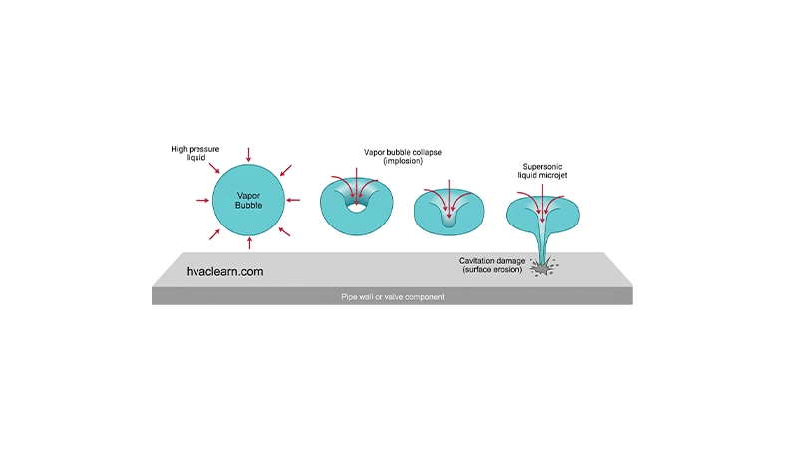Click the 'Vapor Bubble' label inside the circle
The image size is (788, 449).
pyautogui.click(x=248, y=201)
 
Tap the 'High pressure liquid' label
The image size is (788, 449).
pyautogui.click(x=195, y=153)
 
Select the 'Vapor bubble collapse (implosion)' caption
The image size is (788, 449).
pyautogui.click(x=403, y=156)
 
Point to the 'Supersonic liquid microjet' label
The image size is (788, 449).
pyautogui.click(x=542, y=171)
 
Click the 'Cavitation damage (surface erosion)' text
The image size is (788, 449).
pyautogui.click(x=492, y=265)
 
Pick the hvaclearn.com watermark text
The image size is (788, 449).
pyautogui.click(x=224, y=272)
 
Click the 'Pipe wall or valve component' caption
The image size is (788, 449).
pyautogui.click(x=393, y=297)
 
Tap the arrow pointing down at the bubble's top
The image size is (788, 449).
pyautogui.click(x=248, y=154)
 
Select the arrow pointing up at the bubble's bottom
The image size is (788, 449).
pyautogui.click(x=249, y=243)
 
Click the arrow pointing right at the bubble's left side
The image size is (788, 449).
pyautogui.click(x=202, y=201)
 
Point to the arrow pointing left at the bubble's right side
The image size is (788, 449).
pyautogui.click(x=293, y=201)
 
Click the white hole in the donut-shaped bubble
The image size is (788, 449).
pyautogui.click(x=356, y=207)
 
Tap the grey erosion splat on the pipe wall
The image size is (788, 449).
pyautogui.click(x=542, y=268)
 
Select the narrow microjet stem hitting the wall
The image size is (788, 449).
pyautogui.click(x=542, y=247)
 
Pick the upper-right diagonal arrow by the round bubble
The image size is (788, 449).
pyautogui.click(x=286, y=170)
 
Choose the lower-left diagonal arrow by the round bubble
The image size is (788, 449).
pyautogui.click(x=214, y=234)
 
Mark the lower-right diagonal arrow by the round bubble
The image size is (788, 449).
pyautogui.click(x=284, y=231)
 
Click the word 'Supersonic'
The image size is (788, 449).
pyautogui.click(x=542, y=167)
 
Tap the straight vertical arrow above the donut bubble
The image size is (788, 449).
pyautogui.click(x=356, y=186)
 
